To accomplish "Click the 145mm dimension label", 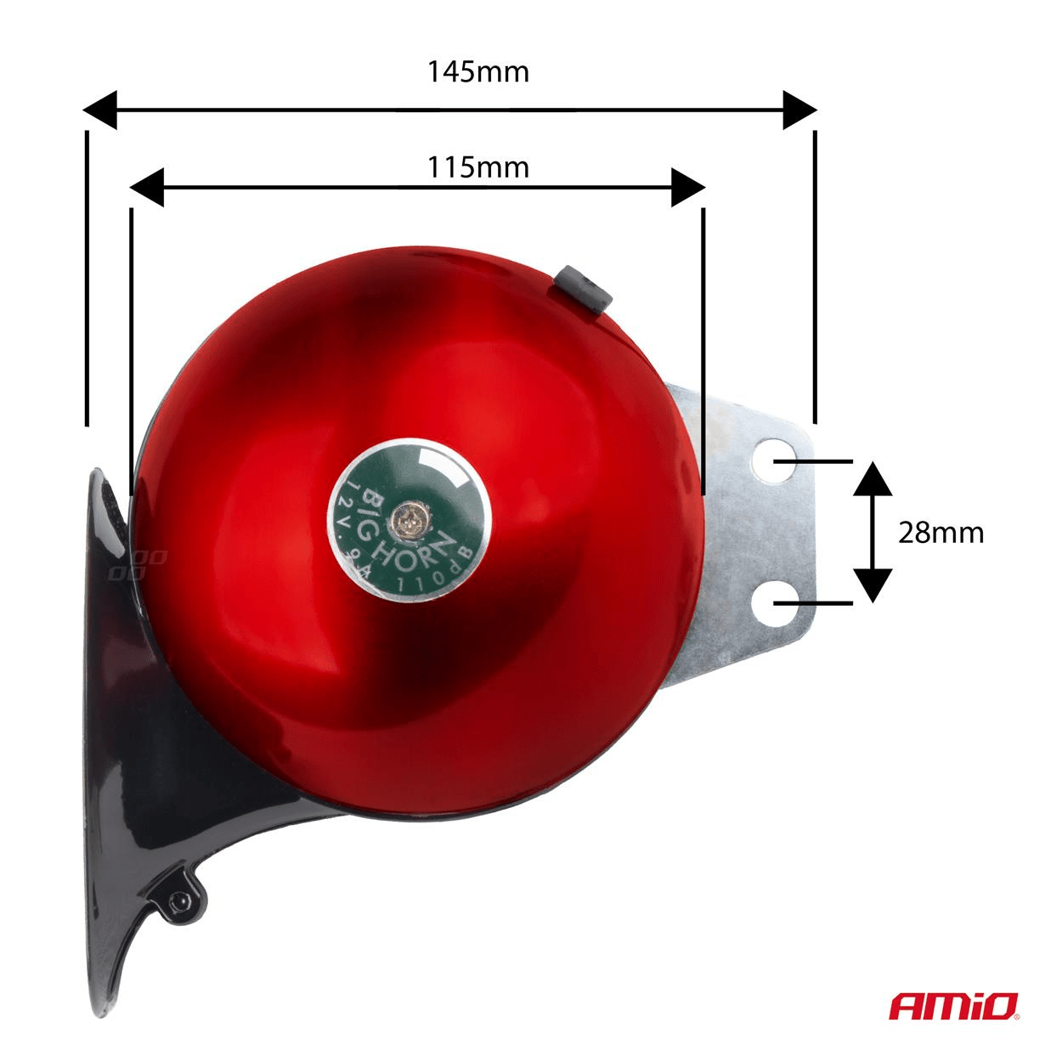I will pos(477,71).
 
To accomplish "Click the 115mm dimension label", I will pos(477,167).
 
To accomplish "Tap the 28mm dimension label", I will pos(941,533).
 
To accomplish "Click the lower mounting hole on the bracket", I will pos(774,602).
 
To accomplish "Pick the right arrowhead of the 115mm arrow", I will pos(688,187).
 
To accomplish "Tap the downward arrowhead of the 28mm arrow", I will pos(873,585).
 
